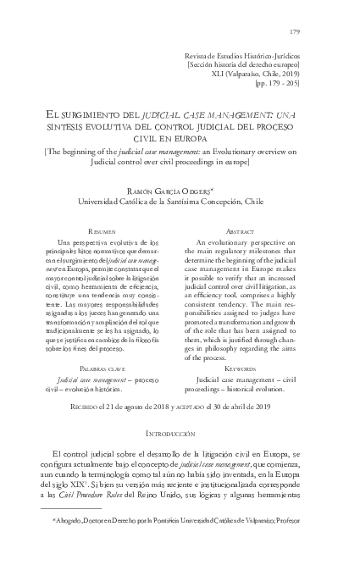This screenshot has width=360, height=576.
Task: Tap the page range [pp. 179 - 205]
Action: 288,85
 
